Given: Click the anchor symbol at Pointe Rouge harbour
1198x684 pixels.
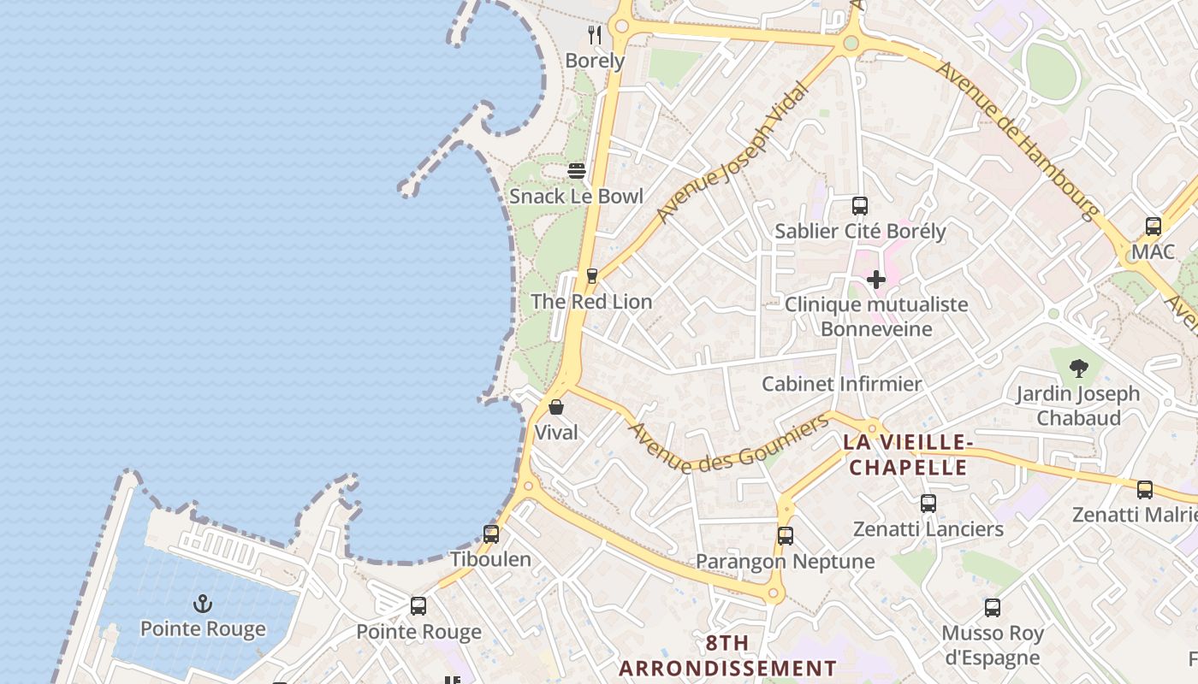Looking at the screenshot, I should [203, 604].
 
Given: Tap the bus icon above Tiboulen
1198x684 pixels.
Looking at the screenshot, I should [491, 534].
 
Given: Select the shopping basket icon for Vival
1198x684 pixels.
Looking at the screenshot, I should [556, 407].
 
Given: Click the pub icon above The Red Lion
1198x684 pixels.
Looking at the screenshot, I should [591, 276].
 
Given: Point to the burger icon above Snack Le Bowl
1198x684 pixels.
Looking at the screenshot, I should [577, 171].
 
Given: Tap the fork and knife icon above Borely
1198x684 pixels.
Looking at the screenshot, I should [596, 35].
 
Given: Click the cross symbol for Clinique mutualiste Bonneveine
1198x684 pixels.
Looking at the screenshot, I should [876, 280].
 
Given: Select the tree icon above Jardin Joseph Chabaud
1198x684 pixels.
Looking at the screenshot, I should [1078, 369].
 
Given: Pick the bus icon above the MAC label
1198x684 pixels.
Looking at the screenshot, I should [1154, 227].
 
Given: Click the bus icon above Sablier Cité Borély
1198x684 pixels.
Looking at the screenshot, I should [860, 206].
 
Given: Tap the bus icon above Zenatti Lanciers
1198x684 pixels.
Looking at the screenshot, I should [928, 504].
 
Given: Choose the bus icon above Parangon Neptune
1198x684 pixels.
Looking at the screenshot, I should [786, 536].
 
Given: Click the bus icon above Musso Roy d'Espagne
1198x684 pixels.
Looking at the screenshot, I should [993, 608].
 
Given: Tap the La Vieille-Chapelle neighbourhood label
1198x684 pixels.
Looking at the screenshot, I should [908, 455].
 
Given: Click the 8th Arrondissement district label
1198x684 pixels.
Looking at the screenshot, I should [727, 656].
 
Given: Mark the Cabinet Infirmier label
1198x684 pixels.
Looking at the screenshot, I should [841, 384].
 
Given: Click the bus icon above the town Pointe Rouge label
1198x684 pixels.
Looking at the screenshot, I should [418, 606].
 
